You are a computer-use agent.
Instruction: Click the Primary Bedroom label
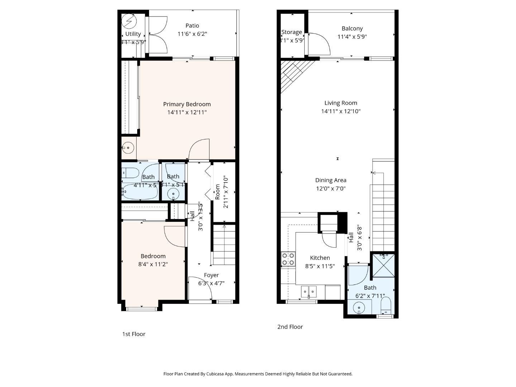pos(187,104)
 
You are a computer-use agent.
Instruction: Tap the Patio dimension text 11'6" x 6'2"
pos(192,34)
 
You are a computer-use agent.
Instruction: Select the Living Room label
pos(340,103)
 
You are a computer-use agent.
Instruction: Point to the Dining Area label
pos(330,180)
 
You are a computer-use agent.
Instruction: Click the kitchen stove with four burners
pos(288,259)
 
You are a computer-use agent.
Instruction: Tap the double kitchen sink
pos(309,292)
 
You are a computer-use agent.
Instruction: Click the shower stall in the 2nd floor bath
pos(383,266)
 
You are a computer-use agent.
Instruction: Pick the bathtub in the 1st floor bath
pos(139,192)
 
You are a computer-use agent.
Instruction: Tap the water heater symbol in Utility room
pos(129,22)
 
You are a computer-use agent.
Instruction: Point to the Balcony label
pos(352,28)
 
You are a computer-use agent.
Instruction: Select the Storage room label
pos(291,32)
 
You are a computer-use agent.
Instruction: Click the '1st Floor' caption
pos(134,334)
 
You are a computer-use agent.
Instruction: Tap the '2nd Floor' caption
pos(290,327)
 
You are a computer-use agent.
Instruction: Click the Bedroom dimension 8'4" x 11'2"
pos(153,264)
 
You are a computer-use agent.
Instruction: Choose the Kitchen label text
pos(320,258)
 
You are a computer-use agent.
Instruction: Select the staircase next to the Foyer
pos(224,245)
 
